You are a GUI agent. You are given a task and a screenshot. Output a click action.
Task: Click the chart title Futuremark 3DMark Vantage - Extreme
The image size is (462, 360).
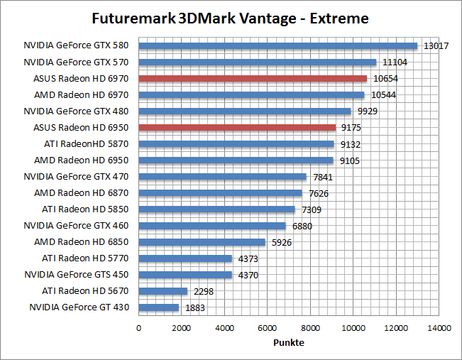pos(231,17)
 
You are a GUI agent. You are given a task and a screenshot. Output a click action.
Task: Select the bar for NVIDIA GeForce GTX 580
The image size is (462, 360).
pos(277,46)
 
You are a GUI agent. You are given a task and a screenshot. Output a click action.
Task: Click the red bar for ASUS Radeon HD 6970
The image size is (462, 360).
pos(253,79)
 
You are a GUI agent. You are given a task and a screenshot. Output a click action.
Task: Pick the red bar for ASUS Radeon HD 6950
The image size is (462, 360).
pos(237,128)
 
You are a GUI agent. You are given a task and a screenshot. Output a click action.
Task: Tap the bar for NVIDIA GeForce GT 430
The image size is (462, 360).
pos(158,307)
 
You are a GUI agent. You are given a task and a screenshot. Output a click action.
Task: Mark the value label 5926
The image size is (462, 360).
pos(282,242)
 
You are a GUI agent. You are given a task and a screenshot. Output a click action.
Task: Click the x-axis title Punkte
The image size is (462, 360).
pos(289,342)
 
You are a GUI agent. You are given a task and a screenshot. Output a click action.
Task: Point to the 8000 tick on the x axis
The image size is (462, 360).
pos(310,328)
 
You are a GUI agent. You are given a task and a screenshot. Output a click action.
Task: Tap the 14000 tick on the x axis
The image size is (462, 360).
pos(439,328)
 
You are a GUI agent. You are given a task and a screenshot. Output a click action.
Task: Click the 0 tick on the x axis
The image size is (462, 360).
pos(138,328)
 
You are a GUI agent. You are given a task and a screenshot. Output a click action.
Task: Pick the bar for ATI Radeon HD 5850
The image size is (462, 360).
pos(216,209)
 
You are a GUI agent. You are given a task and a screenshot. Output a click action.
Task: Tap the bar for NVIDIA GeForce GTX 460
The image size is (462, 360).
pos(212,226)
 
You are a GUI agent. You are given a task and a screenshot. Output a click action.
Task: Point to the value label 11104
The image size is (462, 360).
pos(394,62)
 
